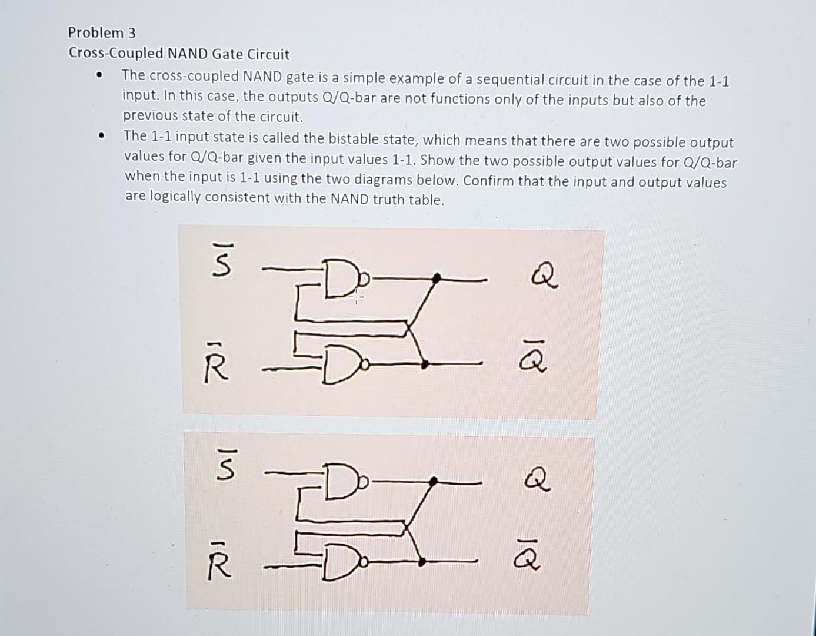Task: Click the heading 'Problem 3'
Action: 102,32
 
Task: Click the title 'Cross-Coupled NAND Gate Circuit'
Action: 179,54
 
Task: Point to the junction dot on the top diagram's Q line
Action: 437,277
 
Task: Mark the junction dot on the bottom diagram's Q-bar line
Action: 422,562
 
